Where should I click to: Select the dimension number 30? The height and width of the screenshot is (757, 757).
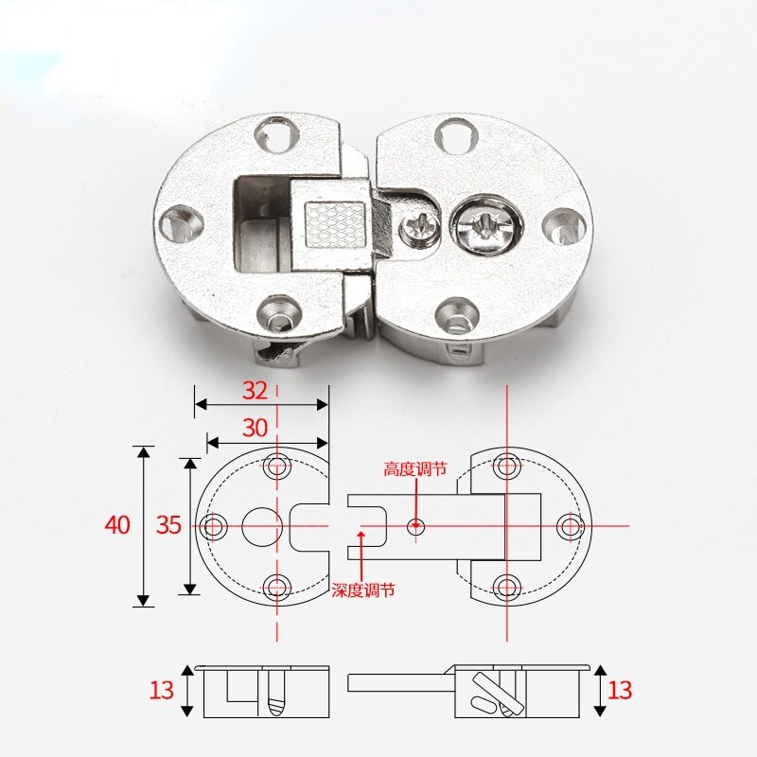click(x=255, y=428)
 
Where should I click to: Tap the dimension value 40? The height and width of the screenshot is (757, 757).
click(x=117, y=525)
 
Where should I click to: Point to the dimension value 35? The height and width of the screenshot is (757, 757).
click(x=168, y=525)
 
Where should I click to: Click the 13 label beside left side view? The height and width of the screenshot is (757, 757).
click(x=162, y=690)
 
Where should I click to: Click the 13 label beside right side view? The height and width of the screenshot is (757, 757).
click(x=619, y=688)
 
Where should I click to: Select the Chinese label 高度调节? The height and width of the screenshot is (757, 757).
click(x=414, y=468)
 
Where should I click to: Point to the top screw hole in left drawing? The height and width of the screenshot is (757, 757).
click(x=277, y=465)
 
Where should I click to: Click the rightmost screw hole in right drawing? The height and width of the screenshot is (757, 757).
click(x=570, y=526)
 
